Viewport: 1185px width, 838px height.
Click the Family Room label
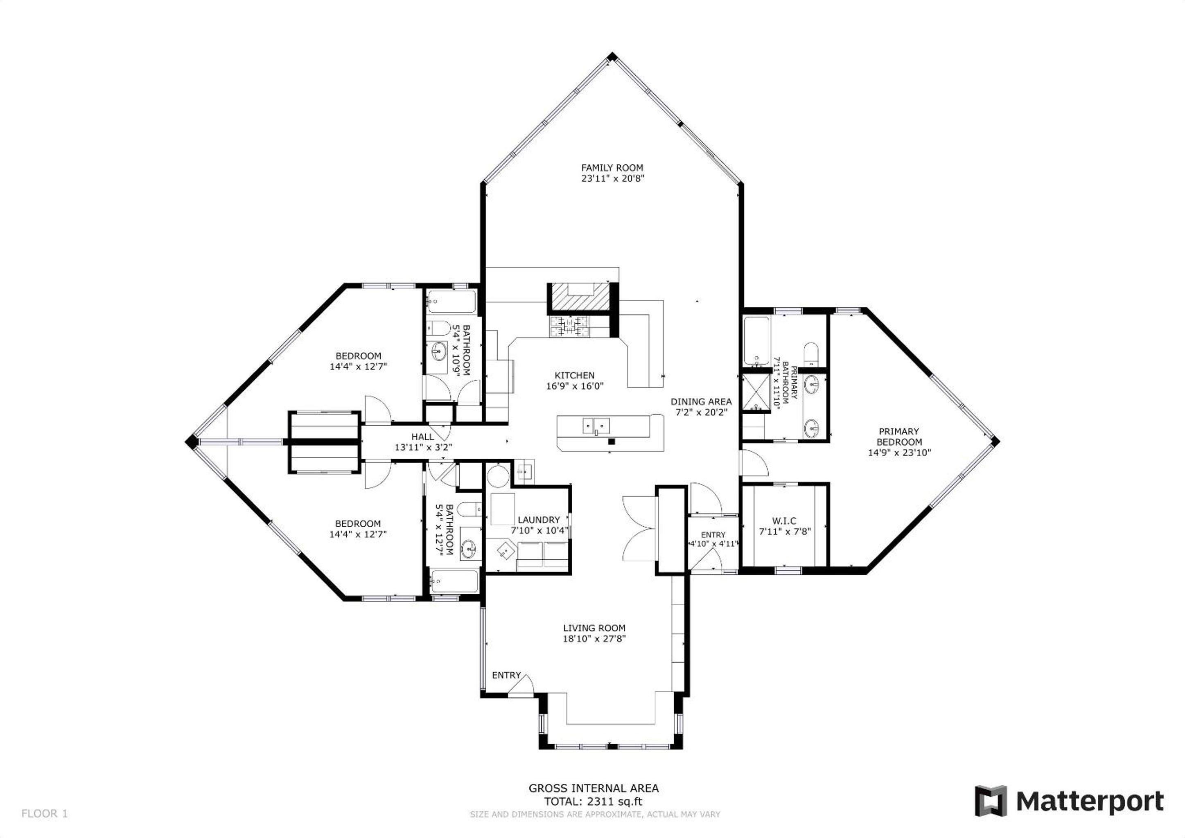click(612, 168)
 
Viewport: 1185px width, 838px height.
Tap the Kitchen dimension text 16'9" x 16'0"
click(574, 386)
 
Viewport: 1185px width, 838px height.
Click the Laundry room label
click(539, 520)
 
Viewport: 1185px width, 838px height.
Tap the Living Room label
click(594, 628)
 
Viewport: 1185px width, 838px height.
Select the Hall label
click(423, 437)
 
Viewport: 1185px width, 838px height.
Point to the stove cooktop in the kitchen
click(570, 326)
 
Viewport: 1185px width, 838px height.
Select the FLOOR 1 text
click(44, 814)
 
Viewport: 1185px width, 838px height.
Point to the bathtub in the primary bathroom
click(756, 340)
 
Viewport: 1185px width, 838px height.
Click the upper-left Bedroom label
click(358, 356)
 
